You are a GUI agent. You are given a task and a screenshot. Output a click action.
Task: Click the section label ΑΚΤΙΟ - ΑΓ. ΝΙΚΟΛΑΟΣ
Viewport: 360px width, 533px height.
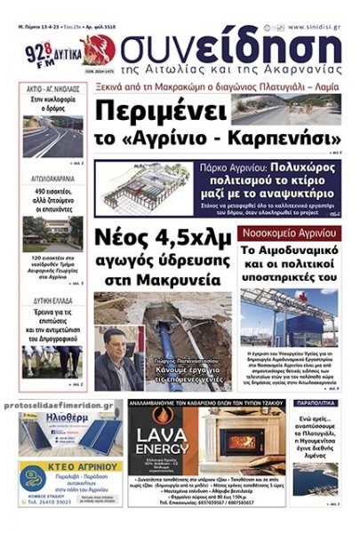point(54,89)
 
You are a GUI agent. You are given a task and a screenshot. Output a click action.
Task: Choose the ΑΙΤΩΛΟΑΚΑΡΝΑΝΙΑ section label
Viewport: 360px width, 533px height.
point(54,177)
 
